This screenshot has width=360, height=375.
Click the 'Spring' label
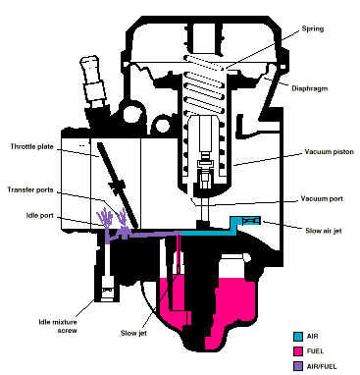point(312,28)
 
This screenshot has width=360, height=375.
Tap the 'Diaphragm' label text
point(309,88)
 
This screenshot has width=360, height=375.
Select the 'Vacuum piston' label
point(329,152)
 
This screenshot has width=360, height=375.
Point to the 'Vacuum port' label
point(322,198)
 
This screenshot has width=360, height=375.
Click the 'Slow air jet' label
point(324,231)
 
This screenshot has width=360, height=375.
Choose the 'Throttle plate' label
point(31,146)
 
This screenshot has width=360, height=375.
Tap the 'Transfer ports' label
point(30,189)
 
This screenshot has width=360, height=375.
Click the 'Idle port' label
point(40,215)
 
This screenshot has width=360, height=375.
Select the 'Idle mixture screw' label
point(58,326)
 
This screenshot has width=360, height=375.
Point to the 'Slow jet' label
point(133,333)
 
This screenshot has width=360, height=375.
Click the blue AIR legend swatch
point(297,336)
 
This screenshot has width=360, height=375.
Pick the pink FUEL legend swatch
point(297,351)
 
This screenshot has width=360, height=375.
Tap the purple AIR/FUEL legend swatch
point(297,366)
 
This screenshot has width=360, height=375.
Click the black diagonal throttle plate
point(118,186)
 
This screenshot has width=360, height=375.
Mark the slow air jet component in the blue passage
point(251,221)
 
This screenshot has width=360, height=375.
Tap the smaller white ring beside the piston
point(161,125)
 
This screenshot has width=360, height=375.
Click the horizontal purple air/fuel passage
point(154,233)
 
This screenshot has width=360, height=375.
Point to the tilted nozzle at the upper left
point(91,80)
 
